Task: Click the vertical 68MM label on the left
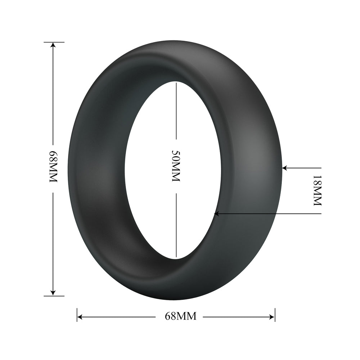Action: pyautogui.click(x=53, y=167)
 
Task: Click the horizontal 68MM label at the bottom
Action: pyautogui.click(x=181, y=316)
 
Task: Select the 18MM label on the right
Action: pyautogui.click(x=317, y=190)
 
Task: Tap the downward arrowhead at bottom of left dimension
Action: pyautogui.click(x=53, y=293)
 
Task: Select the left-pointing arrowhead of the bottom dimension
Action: pyautogui.click(x=80, y=317)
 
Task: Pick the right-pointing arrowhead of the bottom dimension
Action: pyautogui.click(x=272, y=317)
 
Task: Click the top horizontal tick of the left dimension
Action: pyautogui.click(x=54, y=42)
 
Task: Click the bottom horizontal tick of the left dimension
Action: pyautogui.click(x=54, y=296)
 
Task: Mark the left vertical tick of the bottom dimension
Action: pyautogui.click(x=77, y=314)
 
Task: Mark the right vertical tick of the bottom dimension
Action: pyautogui.click(x=275, y=314)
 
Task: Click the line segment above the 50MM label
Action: pyautogui.click(x=176, y=110)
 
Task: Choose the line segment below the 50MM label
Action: pyautogui.click(x=176, y=225)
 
